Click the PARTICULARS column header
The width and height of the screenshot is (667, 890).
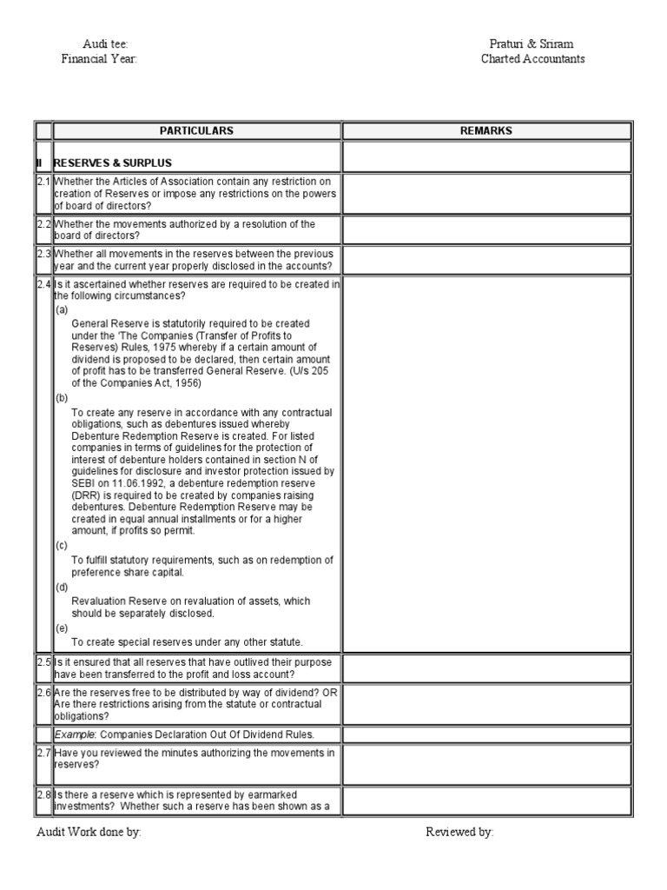click(196, 131)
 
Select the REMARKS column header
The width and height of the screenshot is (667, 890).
click(485, 131)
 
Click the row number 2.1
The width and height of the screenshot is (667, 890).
click(43, 181)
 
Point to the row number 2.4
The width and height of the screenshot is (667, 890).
click(43, 284)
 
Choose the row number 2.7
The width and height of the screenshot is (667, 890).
click(43, 753)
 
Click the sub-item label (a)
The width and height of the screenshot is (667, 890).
click(62, 309)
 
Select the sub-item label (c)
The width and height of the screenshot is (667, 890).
click(62, 545)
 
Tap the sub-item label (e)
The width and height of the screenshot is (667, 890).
click(62, 627)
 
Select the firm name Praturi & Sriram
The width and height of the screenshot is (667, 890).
click(532, 43)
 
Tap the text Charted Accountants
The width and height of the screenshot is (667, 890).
click(533, 59)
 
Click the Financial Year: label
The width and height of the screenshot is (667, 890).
click(99, 59)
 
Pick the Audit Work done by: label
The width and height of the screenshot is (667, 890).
click(88, 832)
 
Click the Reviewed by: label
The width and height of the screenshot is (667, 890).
click(459, 832)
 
